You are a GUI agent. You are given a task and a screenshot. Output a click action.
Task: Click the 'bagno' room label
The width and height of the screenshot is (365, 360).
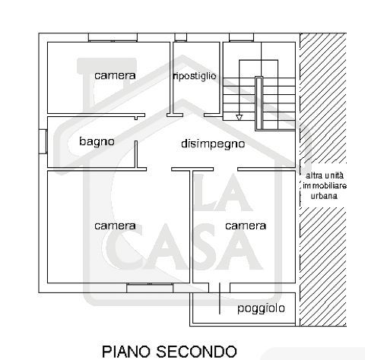(97, 141)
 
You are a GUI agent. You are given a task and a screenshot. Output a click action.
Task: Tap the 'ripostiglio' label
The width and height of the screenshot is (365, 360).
(195, 76)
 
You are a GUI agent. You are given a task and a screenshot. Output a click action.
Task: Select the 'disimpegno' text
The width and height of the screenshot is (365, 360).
(213, 144)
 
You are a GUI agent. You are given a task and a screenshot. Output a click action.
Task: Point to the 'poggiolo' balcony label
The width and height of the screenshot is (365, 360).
(261, 308)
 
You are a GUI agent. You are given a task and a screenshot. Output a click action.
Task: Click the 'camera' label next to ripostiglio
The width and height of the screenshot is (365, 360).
(115, 75)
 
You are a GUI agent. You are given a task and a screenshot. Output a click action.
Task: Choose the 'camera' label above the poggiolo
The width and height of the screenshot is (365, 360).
(246, 226)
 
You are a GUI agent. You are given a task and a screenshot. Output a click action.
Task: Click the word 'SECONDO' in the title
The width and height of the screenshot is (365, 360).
(196, 352)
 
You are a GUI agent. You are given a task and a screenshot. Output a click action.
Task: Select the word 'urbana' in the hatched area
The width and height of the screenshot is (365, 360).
(324, 196)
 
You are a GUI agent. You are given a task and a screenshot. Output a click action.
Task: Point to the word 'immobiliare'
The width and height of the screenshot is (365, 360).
(325, 185)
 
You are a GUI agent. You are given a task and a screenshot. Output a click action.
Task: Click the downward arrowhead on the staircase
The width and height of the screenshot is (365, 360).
(239, 117)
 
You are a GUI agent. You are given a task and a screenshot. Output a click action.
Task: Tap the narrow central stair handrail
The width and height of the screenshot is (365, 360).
(259, 103)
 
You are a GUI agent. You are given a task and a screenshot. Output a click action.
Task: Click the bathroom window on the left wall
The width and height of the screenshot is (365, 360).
(43, 141)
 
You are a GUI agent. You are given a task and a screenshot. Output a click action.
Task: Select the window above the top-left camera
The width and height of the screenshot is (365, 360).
(113, 37)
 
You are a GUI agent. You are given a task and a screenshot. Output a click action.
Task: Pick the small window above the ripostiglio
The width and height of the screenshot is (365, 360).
(181, 37)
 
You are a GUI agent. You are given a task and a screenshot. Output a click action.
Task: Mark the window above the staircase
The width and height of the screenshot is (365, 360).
(241, 37)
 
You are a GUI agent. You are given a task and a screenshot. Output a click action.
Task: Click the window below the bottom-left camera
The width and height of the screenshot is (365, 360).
(150, 288)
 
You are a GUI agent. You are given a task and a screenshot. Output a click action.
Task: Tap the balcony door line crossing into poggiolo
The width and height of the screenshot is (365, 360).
(220, 298)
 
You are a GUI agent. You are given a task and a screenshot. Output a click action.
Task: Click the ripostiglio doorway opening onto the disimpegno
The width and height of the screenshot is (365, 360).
(193, 115)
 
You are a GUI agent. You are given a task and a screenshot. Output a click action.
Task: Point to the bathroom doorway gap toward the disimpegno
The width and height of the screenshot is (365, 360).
(136, 130)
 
